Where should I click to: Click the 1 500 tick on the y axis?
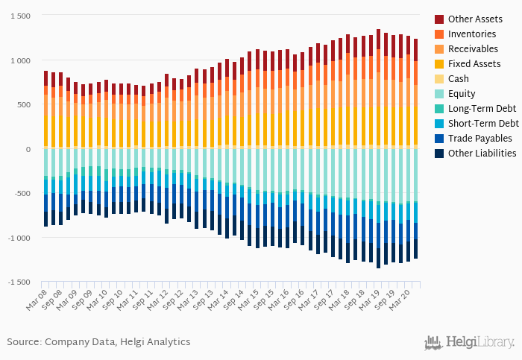(x=20, y=16)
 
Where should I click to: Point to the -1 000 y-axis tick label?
(x=19, y=238)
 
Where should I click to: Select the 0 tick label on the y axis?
(x=28, y=149)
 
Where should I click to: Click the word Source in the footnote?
(x=24, y=342)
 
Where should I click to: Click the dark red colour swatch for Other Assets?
(x=439, y=19)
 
